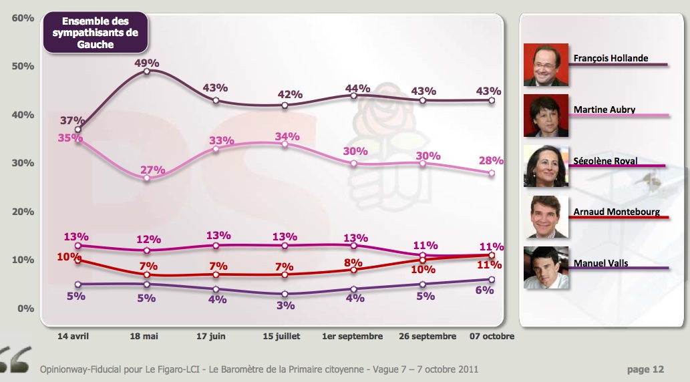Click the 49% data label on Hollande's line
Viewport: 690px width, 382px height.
(147, 63)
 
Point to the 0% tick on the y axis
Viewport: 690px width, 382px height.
(25, 309)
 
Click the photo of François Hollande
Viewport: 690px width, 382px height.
(546, 65)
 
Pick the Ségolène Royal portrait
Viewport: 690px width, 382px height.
(546, 166)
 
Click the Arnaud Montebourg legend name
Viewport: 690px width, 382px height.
(617, 212)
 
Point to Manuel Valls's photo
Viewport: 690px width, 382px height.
(546, 268)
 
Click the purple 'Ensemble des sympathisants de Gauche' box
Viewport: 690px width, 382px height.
(95, 33)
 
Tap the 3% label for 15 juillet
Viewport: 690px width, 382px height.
(286, 305)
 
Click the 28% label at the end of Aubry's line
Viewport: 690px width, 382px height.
(492, 161)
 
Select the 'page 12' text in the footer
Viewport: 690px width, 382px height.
(646, 369)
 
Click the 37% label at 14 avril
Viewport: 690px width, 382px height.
(71, 120)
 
